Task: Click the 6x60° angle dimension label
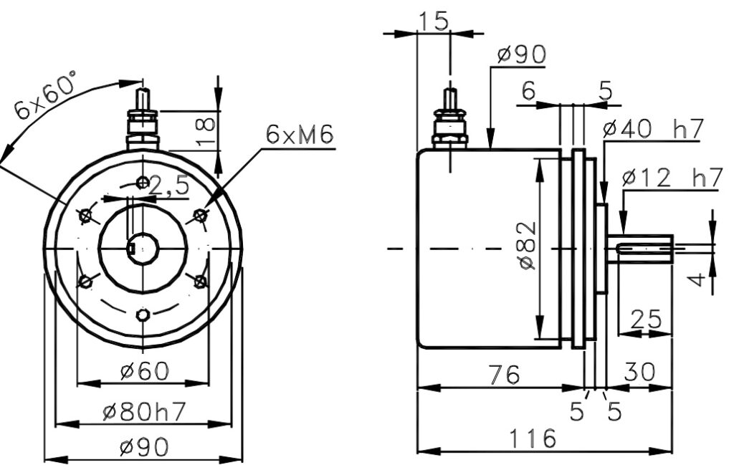pyautogui.click(x=45, y=95)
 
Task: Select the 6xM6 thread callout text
pyautogui.click(x=300, y=134)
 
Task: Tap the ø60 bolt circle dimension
pyautogui.click(x=144, y=372)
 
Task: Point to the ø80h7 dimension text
pyautogui.click(x=144, y=412)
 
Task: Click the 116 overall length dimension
pyautogui.click(x=533, y=438)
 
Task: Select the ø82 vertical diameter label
pyautogui.click(x=527, y=246)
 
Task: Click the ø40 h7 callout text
pyautogui.click(x=653, y=129)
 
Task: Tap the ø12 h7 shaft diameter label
pyautogui.click(x=672, y=178)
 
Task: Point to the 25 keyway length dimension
pyautogui.click(x=646, y=320)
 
